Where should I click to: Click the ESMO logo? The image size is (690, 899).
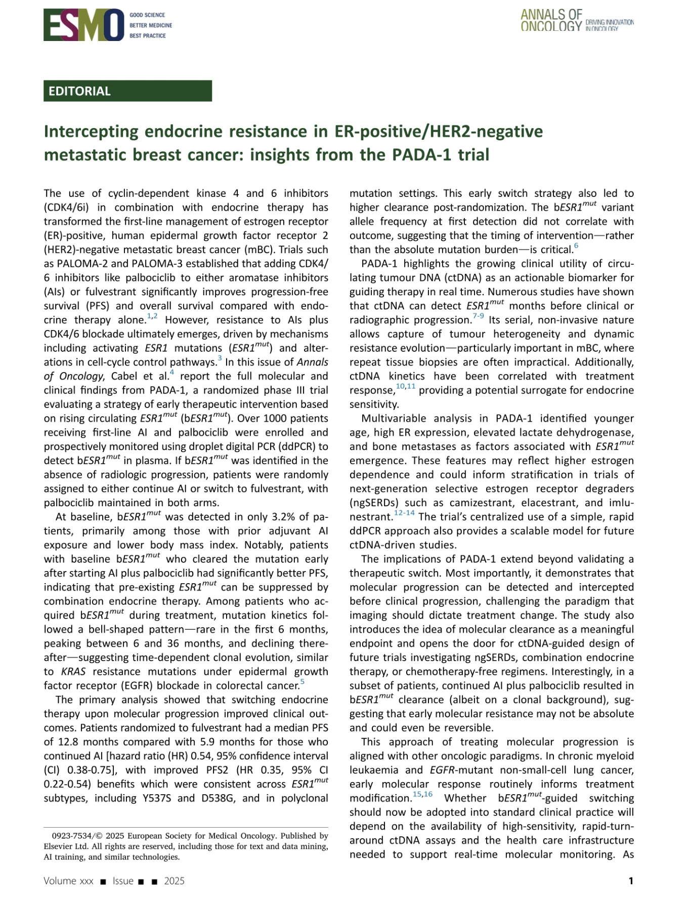pos(83,25)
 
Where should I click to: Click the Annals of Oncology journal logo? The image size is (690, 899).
pos(576,21)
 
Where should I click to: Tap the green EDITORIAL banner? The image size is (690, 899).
pos(127,91)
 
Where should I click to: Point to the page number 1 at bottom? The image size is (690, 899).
pos(630,881)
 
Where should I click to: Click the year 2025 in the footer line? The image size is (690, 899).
pos(174,881)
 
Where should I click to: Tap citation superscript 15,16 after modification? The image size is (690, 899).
pos(422,794)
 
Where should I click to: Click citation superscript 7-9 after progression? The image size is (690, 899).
pos(478,316)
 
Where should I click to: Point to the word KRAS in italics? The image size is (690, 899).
pos(73,672)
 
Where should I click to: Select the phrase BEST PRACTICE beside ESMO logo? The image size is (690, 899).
pos(147,36)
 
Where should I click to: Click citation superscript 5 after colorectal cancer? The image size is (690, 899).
pos(302,682)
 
